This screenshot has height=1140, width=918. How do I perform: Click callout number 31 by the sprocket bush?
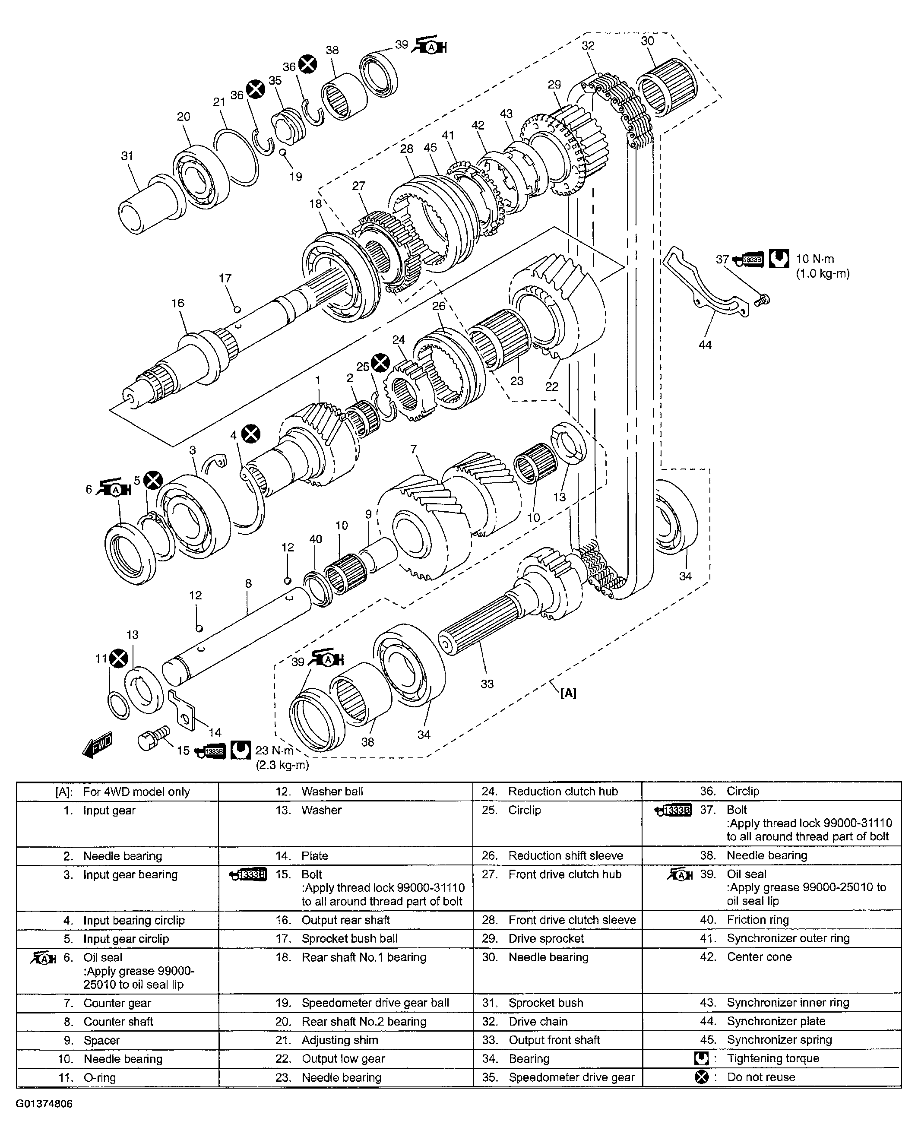pos(127,156)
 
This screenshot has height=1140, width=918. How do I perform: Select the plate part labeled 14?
pos(183,709)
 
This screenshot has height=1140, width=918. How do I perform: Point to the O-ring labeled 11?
pos(118,705)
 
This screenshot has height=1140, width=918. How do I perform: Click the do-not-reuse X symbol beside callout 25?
pos(380,363)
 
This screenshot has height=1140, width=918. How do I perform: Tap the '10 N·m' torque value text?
pos(815,259)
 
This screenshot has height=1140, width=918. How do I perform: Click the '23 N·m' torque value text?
pos(275,750)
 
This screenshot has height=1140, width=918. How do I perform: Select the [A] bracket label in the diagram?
pos(568,693)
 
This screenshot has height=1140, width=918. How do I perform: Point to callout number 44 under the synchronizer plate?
pos(705,345)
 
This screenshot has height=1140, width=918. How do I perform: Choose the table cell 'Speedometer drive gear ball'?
pos(375,1003)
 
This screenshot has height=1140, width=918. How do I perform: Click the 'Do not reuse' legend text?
pos(760,1077)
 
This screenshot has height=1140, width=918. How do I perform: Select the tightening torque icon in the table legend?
pos(701,1058)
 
